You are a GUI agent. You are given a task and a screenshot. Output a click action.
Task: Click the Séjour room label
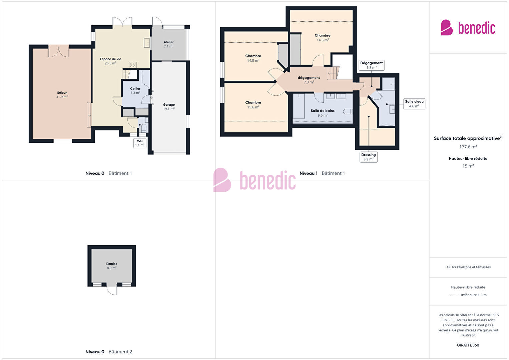[62, 94]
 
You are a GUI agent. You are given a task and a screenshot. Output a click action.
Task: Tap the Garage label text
[168, 106]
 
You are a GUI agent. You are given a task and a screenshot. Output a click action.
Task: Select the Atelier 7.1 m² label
[168, 44]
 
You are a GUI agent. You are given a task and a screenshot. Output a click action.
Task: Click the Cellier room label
[135, 91]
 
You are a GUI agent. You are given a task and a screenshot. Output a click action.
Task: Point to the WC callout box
[140, 143]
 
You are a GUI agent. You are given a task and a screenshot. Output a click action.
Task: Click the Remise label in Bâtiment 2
[112, 266]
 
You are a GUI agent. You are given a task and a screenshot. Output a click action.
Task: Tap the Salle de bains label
[323, 113]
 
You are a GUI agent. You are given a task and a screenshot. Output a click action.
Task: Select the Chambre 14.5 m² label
[323, 37]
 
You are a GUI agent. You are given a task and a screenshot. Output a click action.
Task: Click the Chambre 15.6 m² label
[253, 104]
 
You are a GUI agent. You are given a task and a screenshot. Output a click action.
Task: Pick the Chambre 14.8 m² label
[253, 58]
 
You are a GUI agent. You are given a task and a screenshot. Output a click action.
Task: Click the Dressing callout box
[369, 157]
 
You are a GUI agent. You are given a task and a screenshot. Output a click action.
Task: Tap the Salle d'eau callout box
[414, 104]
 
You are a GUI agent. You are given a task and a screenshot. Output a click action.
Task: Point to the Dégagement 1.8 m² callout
[372, 65]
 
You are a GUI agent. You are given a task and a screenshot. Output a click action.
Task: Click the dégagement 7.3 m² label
[309, 80]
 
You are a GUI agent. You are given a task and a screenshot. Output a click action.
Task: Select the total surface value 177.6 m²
[468, 147]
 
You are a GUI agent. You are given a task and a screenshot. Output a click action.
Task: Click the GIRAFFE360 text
[468, 345]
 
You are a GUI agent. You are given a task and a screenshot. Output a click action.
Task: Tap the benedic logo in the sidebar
[468, 27]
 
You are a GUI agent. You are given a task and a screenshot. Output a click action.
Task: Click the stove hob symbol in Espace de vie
[133, 65]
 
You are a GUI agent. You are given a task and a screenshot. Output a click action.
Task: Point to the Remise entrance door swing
[112, 290]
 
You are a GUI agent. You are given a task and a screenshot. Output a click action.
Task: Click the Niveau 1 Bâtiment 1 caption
[322, 173]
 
